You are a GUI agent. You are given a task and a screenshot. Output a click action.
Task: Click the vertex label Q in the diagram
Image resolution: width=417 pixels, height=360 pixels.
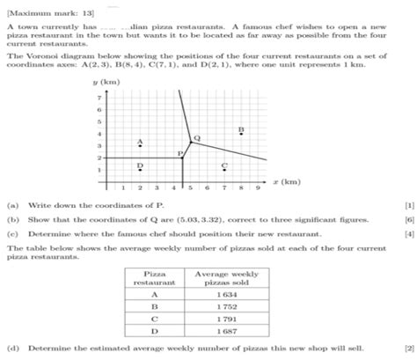point(196,138)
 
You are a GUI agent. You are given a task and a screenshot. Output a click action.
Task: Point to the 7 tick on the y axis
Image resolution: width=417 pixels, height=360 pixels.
point(99,97)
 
